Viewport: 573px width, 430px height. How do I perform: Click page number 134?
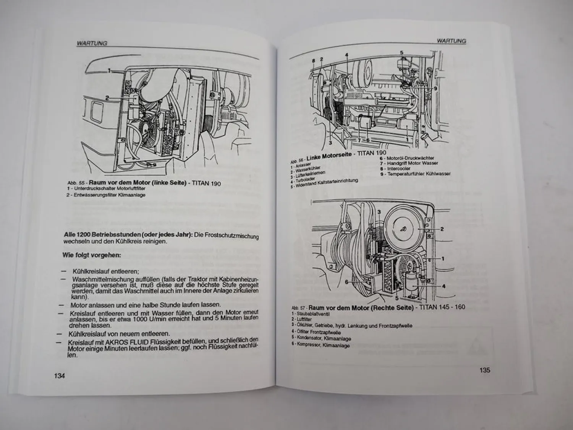(60, 375)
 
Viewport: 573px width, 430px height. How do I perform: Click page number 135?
(484, 370)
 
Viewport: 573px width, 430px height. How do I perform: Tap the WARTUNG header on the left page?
(92, 43)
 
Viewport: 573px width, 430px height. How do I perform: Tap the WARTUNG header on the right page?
(451, 41)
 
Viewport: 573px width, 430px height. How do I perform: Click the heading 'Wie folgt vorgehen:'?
(92, 255)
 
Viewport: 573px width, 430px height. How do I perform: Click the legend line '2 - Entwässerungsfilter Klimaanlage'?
(105, 195)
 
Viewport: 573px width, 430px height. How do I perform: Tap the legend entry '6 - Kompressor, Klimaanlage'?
(320, 346)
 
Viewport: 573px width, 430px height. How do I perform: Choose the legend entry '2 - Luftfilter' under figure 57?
(302, 319)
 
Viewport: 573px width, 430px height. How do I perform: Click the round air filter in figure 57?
(404, 228)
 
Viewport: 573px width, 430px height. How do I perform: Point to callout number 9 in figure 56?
(435, 88)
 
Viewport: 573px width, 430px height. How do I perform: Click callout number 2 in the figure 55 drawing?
(107, 98)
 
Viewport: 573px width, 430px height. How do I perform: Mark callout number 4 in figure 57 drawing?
(444, 286)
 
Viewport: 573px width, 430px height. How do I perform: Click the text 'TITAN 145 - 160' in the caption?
(442, 307)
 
